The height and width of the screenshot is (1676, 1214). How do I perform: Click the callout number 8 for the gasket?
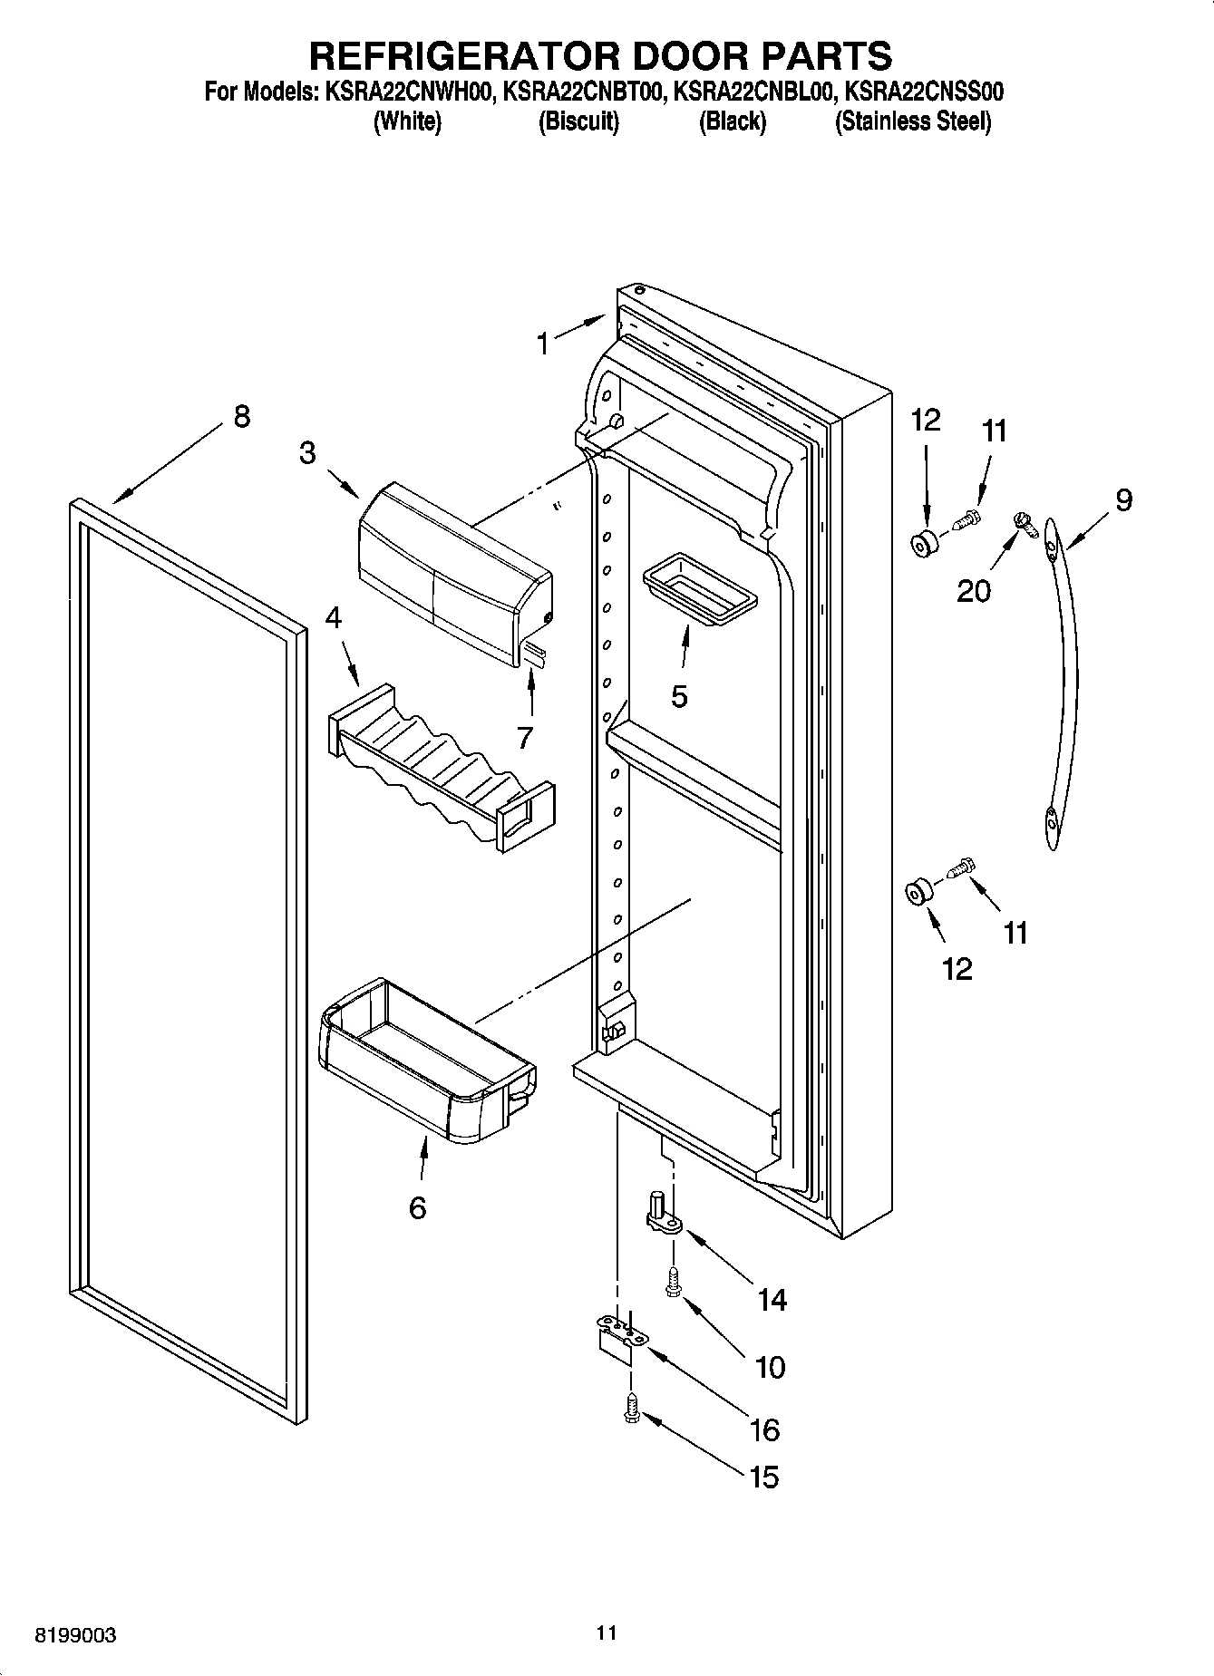240,416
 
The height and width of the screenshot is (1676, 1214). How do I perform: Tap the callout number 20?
975,591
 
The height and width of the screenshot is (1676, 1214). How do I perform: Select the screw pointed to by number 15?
632,1408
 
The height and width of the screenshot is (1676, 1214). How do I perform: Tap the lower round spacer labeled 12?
917,892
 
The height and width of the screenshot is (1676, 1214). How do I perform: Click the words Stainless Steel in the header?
912,121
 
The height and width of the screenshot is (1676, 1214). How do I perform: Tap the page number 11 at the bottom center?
607,1632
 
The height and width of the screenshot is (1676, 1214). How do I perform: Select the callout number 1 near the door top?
542,344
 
